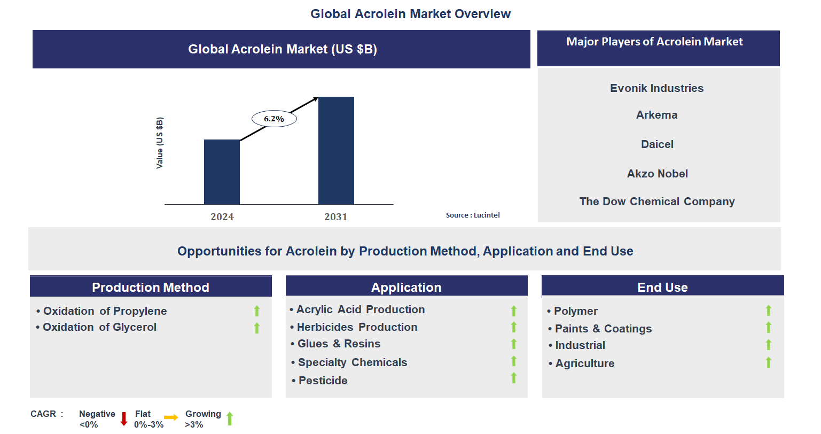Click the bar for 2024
coord(222,172)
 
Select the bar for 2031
coord(336,150)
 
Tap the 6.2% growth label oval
coord(274,119)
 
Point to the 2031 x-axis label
coord(336,216)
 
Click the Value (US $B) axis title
coord(160,143)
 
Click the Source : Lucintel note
coord(473,215)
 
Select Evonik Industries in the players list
coord(656,88)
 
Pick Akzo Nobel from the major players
coord(657,174)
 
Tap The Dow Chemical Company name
coord(657,201)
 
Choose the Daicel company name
coord(657,144)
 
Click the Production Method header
coord(151,287)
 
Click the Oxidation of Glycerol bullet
coord(99,327)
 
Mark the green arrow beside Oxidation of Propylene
coord(257,311)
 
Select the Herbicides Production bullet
coord(357,327)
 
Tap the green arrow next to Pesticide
coord(514,378)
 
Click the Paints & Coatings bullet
coord(603,329)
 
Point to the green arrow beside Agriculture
coord(769,362)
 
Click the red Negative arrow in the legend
coord(124,418)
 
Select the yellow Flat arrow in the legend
coord(171,417)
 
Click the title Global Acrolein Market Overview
coord(410,14)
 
